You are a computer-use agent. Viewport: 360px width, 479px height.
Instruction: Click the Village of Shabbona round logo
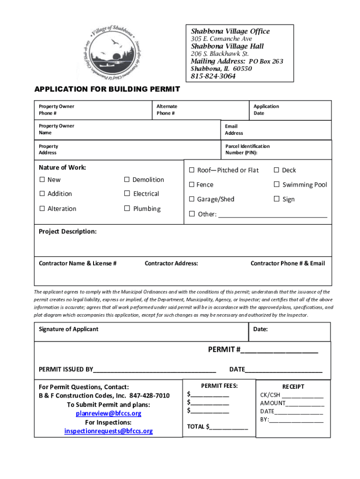[113, 53]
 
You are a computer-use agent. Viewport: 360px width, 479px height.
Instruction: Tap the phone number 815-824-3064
[213, 76]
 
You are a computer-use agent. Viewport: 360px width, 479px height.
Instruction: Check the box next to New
[42, 180]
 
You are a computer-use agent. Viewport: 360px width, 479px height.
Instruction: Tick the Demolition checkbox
[127, 180]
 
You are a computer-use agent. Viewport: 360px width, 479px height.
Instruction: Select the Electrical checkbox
[127, 194]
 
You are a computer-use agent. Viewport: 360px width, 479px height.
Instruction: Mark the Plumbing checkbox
[127, 209]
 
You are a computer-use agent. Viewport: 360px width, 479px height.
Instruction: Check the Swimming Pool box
[277, 185]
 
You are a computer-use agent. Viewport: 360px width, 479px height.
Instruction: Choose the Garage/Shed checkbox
[191, 199]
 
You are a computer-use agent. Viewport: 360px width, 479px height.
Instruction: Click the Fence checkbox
[191, 185]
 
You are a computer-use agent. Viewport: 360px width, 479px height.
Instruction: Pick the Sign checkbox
[277, 199]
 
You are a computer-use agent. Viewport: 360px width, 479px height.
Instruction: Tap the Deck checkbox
[277, 170]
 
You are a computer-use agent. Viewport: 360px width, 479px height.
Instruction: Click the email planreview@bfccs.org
[108, 414]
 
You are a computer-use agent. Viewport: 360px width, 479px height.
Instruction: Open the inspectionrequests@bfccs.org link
[108, 431]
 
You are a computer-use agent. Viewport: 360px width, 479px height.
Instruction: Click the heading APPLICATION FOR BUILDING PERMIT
[107, 89]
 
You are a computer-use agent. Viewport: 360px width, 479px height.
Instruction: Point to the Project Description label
[68, 232]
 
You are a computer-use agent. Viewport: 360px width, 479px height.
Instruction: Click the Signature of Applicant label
[69, 329]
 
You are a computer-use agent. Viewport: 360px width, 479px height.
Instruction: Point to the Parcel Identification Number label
[247, 149]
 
